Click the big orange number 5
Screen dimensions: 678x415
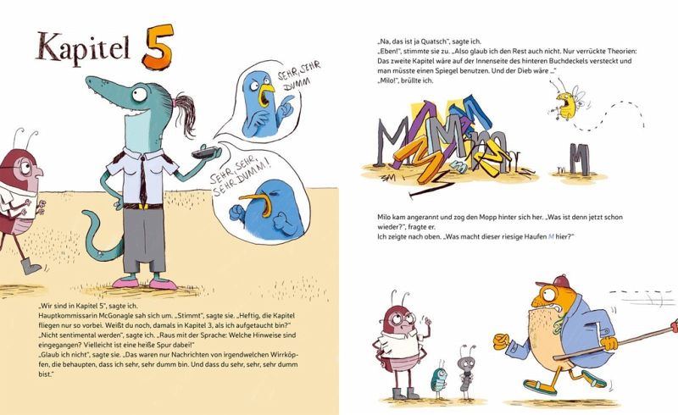pos(158,47)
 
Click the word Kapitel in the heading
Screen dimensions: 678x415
pos(83,47)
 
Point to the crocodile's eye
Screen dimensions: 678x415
pos(139,94)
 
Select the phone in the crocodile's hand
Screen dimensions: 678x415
pos(204,152)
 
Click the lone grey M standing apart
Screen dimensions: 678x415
pos(580,159)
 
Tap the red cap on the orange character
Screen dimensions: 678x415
pos(553,281)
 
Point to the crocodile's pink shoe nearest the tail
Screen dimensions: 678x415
pos(125,283)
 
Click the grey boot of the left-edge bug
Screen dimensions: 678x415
pos(31,266)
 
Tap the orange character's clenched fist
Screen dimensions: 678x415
pos(501,341)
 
